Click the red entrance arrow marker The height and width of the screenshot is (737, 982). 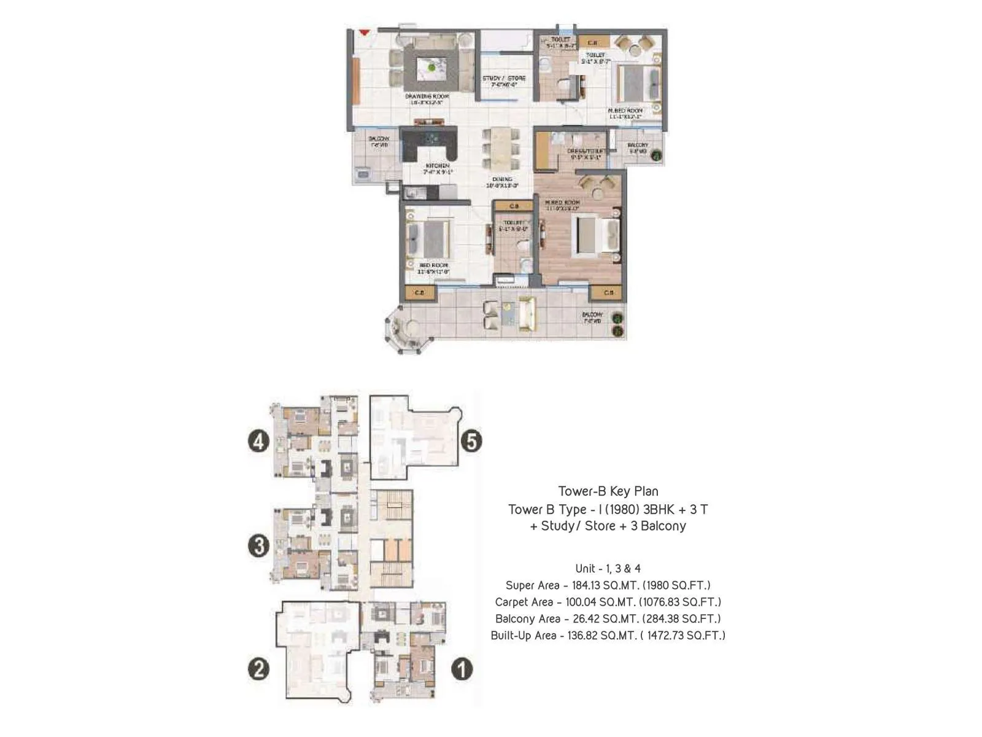[365, 32]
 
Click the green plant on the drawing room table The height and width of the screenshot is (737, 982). [433, 66]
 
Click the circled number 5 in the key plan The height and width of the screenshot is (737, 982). [471, 441]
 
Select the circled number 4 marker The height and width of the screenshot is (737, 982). [258, 440]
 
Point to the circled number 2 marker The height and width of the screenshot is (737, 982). [258, 668]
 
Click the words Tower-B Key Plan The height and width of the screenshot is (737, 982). [608, 491]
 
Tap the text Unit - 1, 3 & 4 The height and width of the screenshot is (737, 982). [608, 569]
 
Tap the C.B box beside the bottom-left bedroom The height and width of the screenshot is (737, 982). [420, 293]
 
